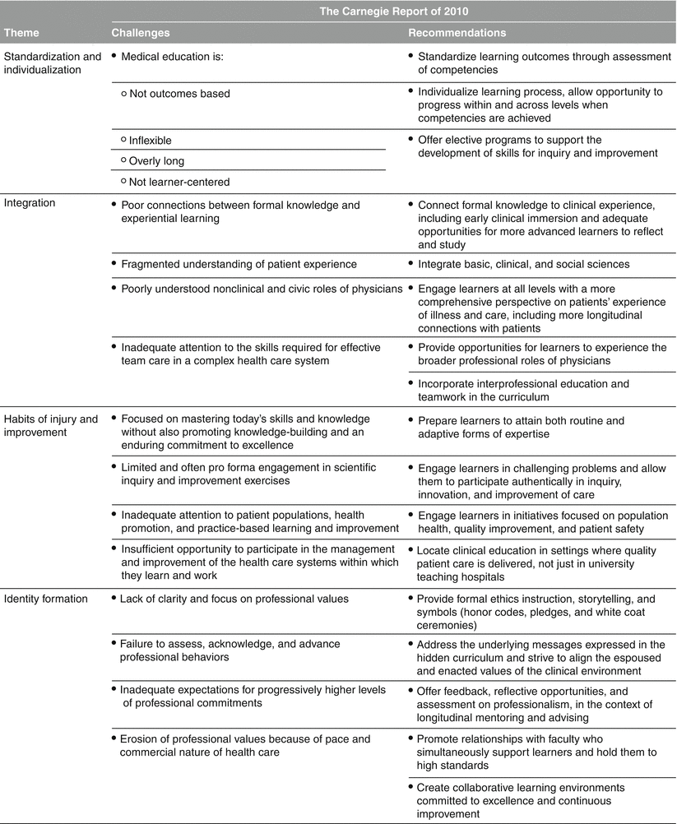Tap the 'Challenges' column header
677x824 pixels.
(x=141, y=33)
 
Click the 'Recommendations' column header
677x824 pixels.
(x=457, y=33)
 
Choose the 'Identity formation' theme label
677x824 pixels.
(x=47, y=599)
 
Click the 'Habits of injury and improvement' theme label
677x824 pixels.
(x=51, y=426)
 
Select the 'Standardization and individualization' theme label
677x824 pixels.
(x=53, y=63)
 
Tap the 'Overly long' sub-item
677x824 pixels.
(x=157, y=160)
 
